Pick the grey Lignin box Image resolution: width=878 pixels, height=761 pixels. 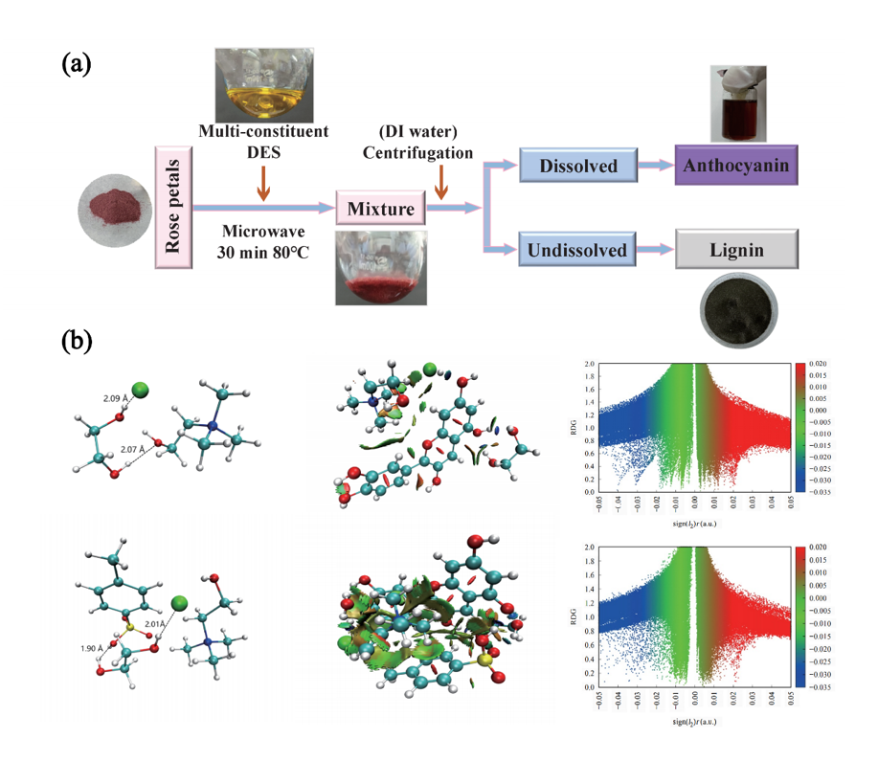coord(735,251)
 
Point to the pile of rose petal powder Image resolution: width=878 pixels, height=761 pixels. coord(113,203)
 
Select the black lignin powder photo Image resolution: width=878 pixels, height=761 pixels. coord(735,305)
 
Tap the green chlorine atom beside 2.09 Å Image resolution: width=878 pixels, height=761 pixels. coord(141,389)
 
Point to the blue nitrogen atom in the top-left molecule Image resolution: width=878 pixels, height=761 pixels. coord(215,424)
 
